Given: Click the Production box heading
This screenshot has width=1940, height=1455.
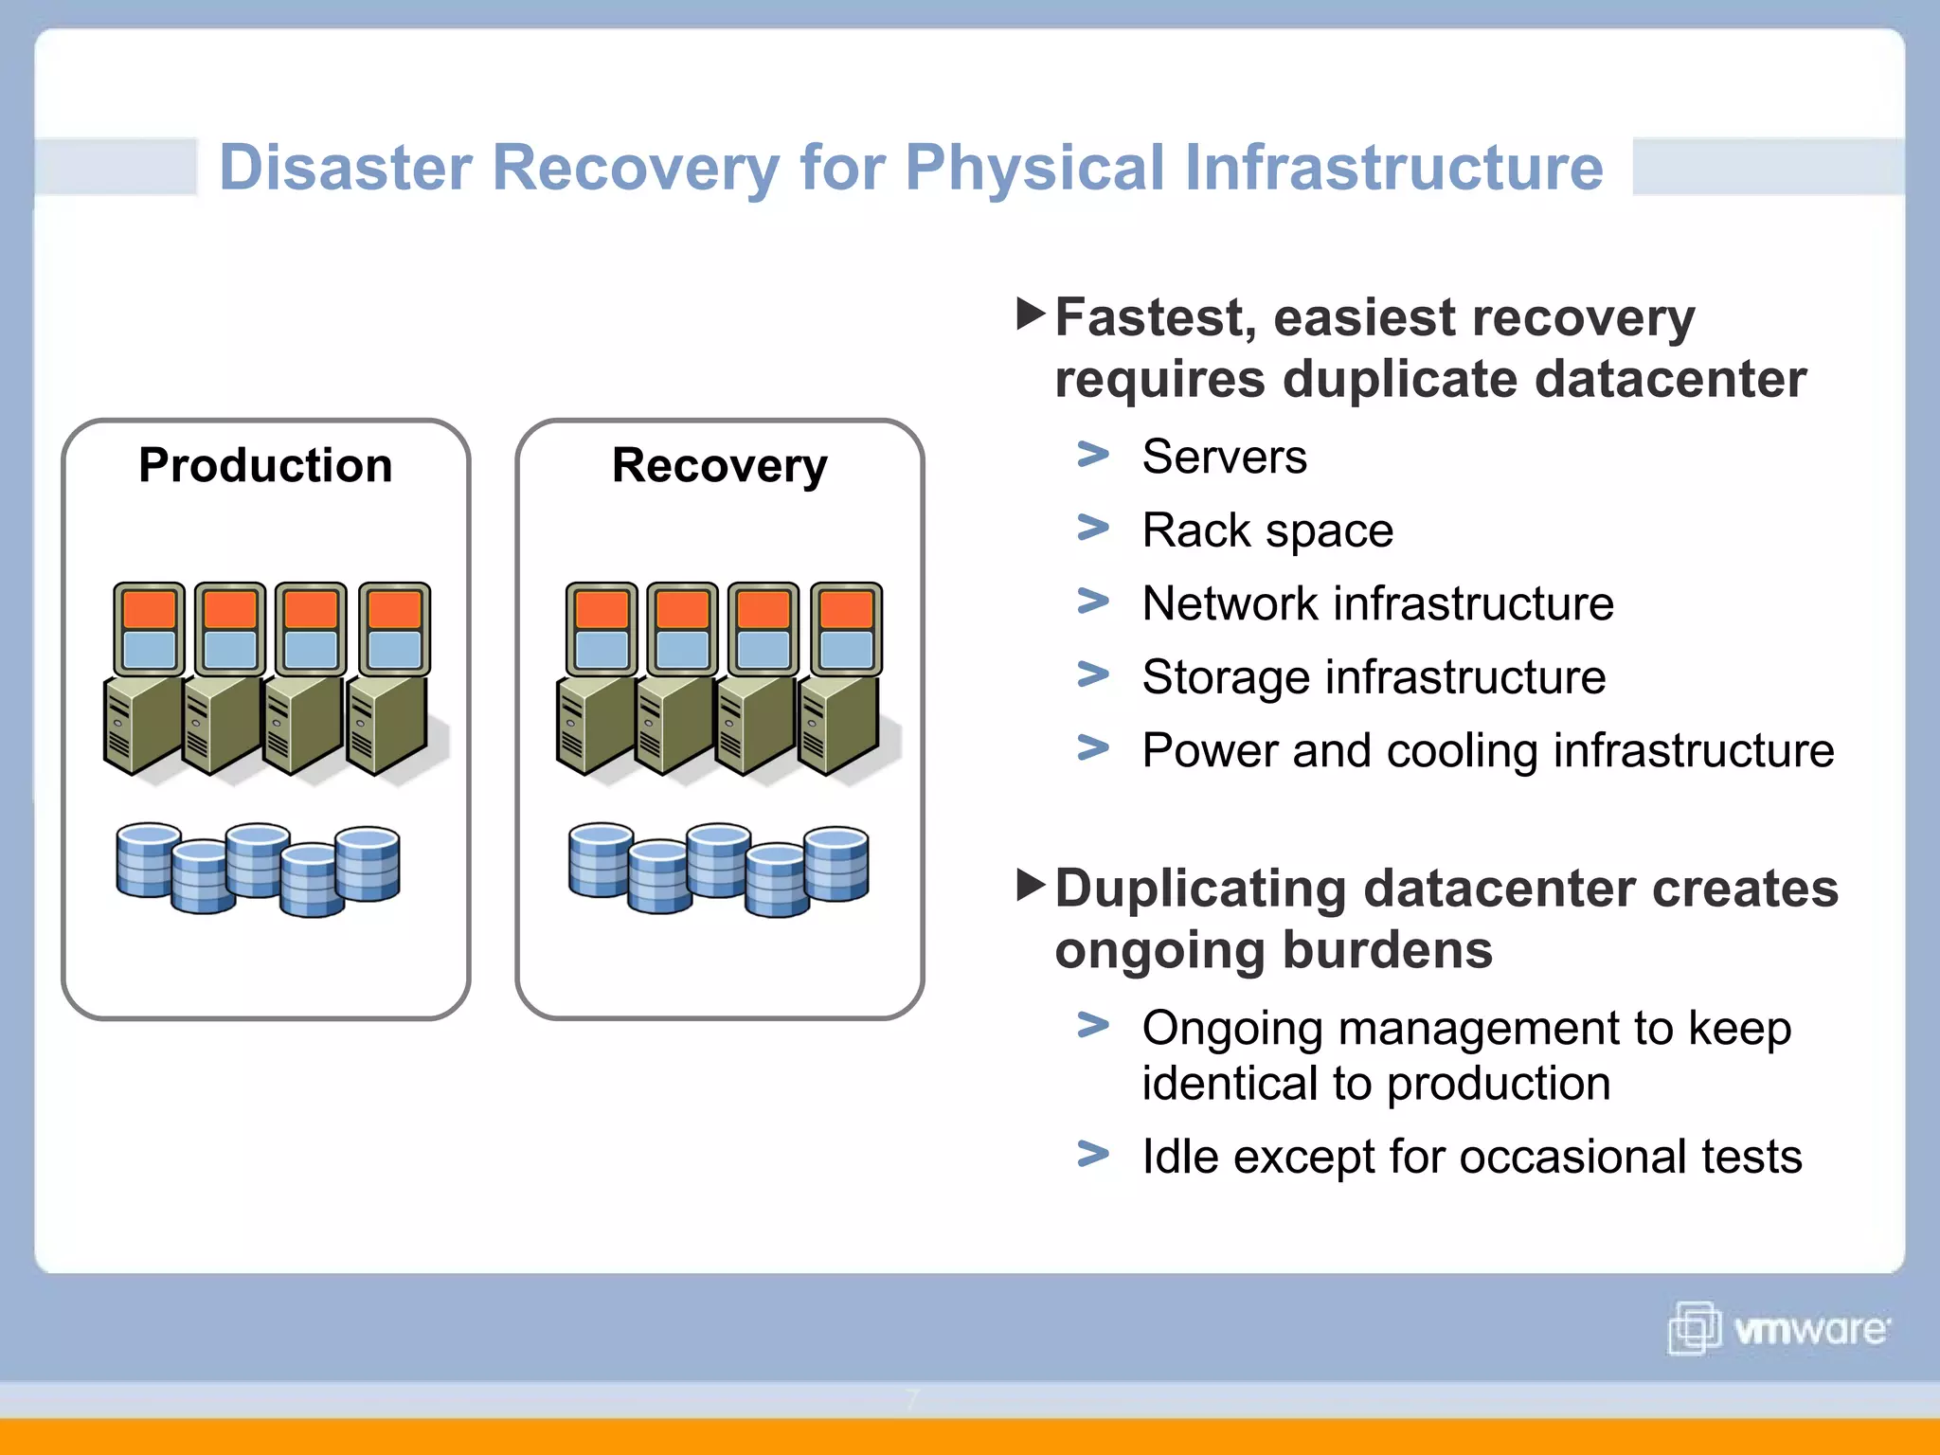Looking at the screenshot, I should pos(265,465).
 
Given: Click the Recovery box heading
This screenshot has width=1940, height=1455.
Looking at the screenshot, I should pos(719,465).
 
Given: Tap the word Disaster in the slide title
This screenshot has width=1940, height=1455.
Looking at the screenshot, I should pos(346,168).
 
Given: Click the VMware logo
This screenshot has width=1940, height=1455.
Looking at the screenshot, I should pos(1778,1328).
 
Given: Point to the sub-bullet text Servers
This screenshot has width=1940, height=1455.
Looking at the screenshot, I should pos(1224,457).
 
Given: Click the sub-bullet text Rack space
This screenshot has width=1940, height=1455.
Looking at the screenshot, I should pos(1267,530).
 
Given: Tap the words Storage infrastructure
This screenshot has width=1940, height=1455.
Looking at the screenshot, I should pos(1374,677).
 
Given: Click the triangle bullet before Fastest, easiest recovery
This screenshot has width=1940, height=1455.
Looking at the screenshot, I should pos(1030,314).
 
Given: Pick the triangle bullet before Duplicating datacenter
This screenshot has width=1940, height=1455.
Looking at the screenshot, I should pos(1030,885).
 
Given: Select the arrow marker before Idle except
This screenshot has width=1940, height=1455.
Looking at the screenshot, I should pos(1093,1154).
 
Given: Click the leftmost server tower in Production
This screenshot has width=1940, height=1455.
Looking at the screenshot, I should pos(142,725).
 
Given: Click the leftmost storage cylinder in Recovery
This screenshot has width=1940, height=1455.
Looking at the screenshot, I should pos(600,860).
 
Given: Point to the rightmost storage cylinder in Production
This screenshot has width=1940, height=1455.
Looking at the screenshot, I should pos(368,864).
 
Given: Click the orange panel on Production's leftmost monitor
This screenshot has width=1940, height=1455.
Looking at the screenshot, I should pos(149,609).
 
